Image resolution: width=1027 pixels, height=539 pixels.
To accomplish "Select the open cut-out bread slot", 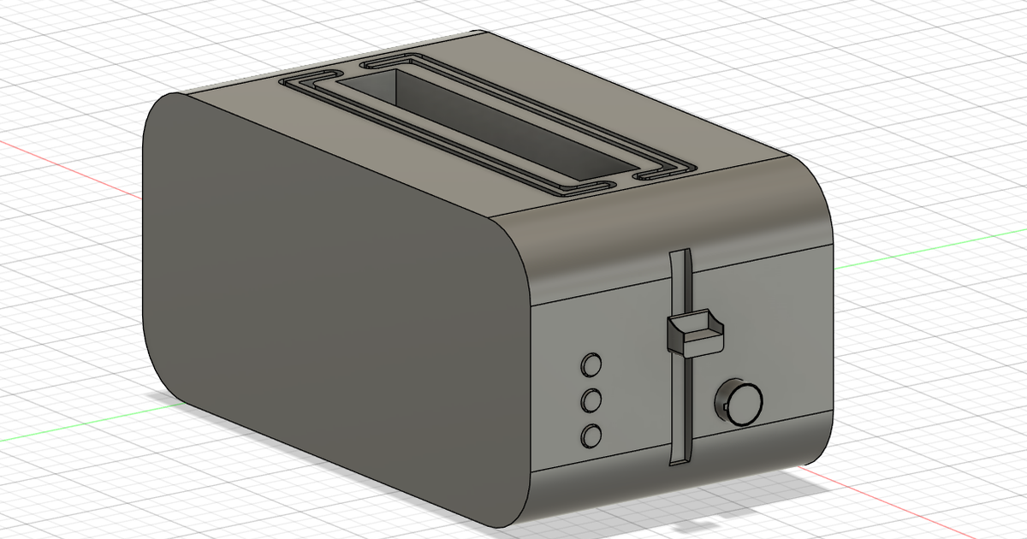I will [x=479, y=128].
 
